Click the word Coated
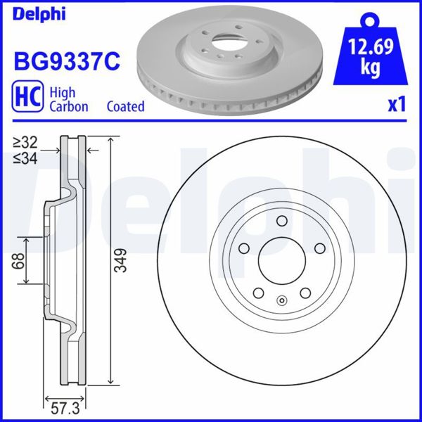(125, 107)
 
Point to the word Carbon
(68, 107)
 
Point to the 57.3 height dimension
(65, 406)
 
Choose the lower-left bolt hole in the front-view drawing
(257, 294)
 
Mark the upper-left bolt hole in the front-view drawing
(243, 248)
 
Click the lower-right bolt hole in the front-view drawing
(305, 294)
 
